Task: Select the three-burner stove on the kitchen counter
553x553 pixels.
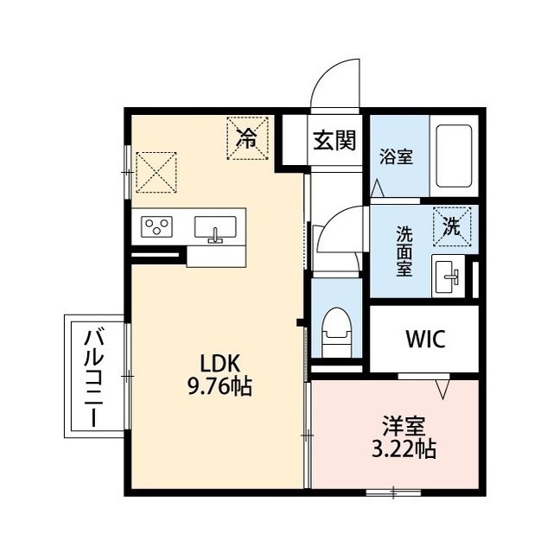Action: click(156, 226)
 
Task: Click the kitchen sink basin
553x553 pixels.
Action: click(215, 228)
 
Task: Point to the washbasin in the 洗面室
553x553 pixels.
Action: click(447, 276)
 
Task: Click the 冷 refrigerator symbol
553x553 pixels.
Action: click(247, 138)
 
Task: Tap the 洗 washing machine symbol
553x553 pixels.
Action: click(452, 226)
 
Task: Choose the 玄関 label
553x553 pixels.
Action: click(334, 140)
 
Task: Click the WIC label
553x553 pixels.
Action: click(425, 339)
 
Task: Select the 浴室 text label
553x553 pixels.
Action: click(396, 156)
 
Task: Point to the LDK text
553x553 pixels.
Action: click(220, 364)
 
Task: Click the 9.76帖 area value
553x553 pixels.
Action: click(219, 387)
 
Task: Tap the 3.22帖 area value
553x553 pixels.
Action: click(404, 449)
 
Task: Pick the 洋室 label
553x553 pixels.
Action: click(404, 426)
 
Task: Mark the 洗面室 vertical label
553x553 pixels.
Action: click(404, 251)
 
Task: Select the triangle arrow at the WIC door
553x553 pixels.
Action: click(442, 389)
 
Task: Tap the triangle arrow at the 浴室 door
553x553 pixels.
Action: click(378, 188)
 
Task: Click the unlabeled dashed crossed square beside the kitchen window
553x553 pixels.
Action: click(156, 173)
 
